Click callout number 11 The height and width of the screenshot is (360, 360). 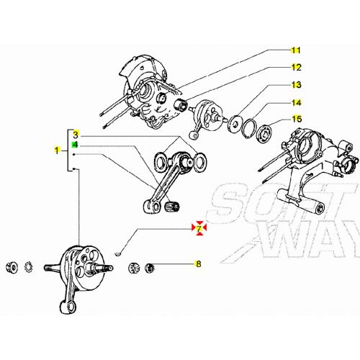[x=295, y=50]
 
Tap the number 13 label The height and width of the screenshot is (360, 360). [x=295, y=85]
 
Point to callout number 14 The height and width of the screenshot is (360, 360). [x=295, y=102]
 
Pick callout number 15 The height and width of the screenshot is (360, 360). [x=295, y=119]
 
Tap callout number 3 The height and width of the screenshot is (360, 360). [x=75, y=135]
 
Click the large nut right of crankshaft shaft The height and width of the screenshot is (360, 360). [x=135, y=269]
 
